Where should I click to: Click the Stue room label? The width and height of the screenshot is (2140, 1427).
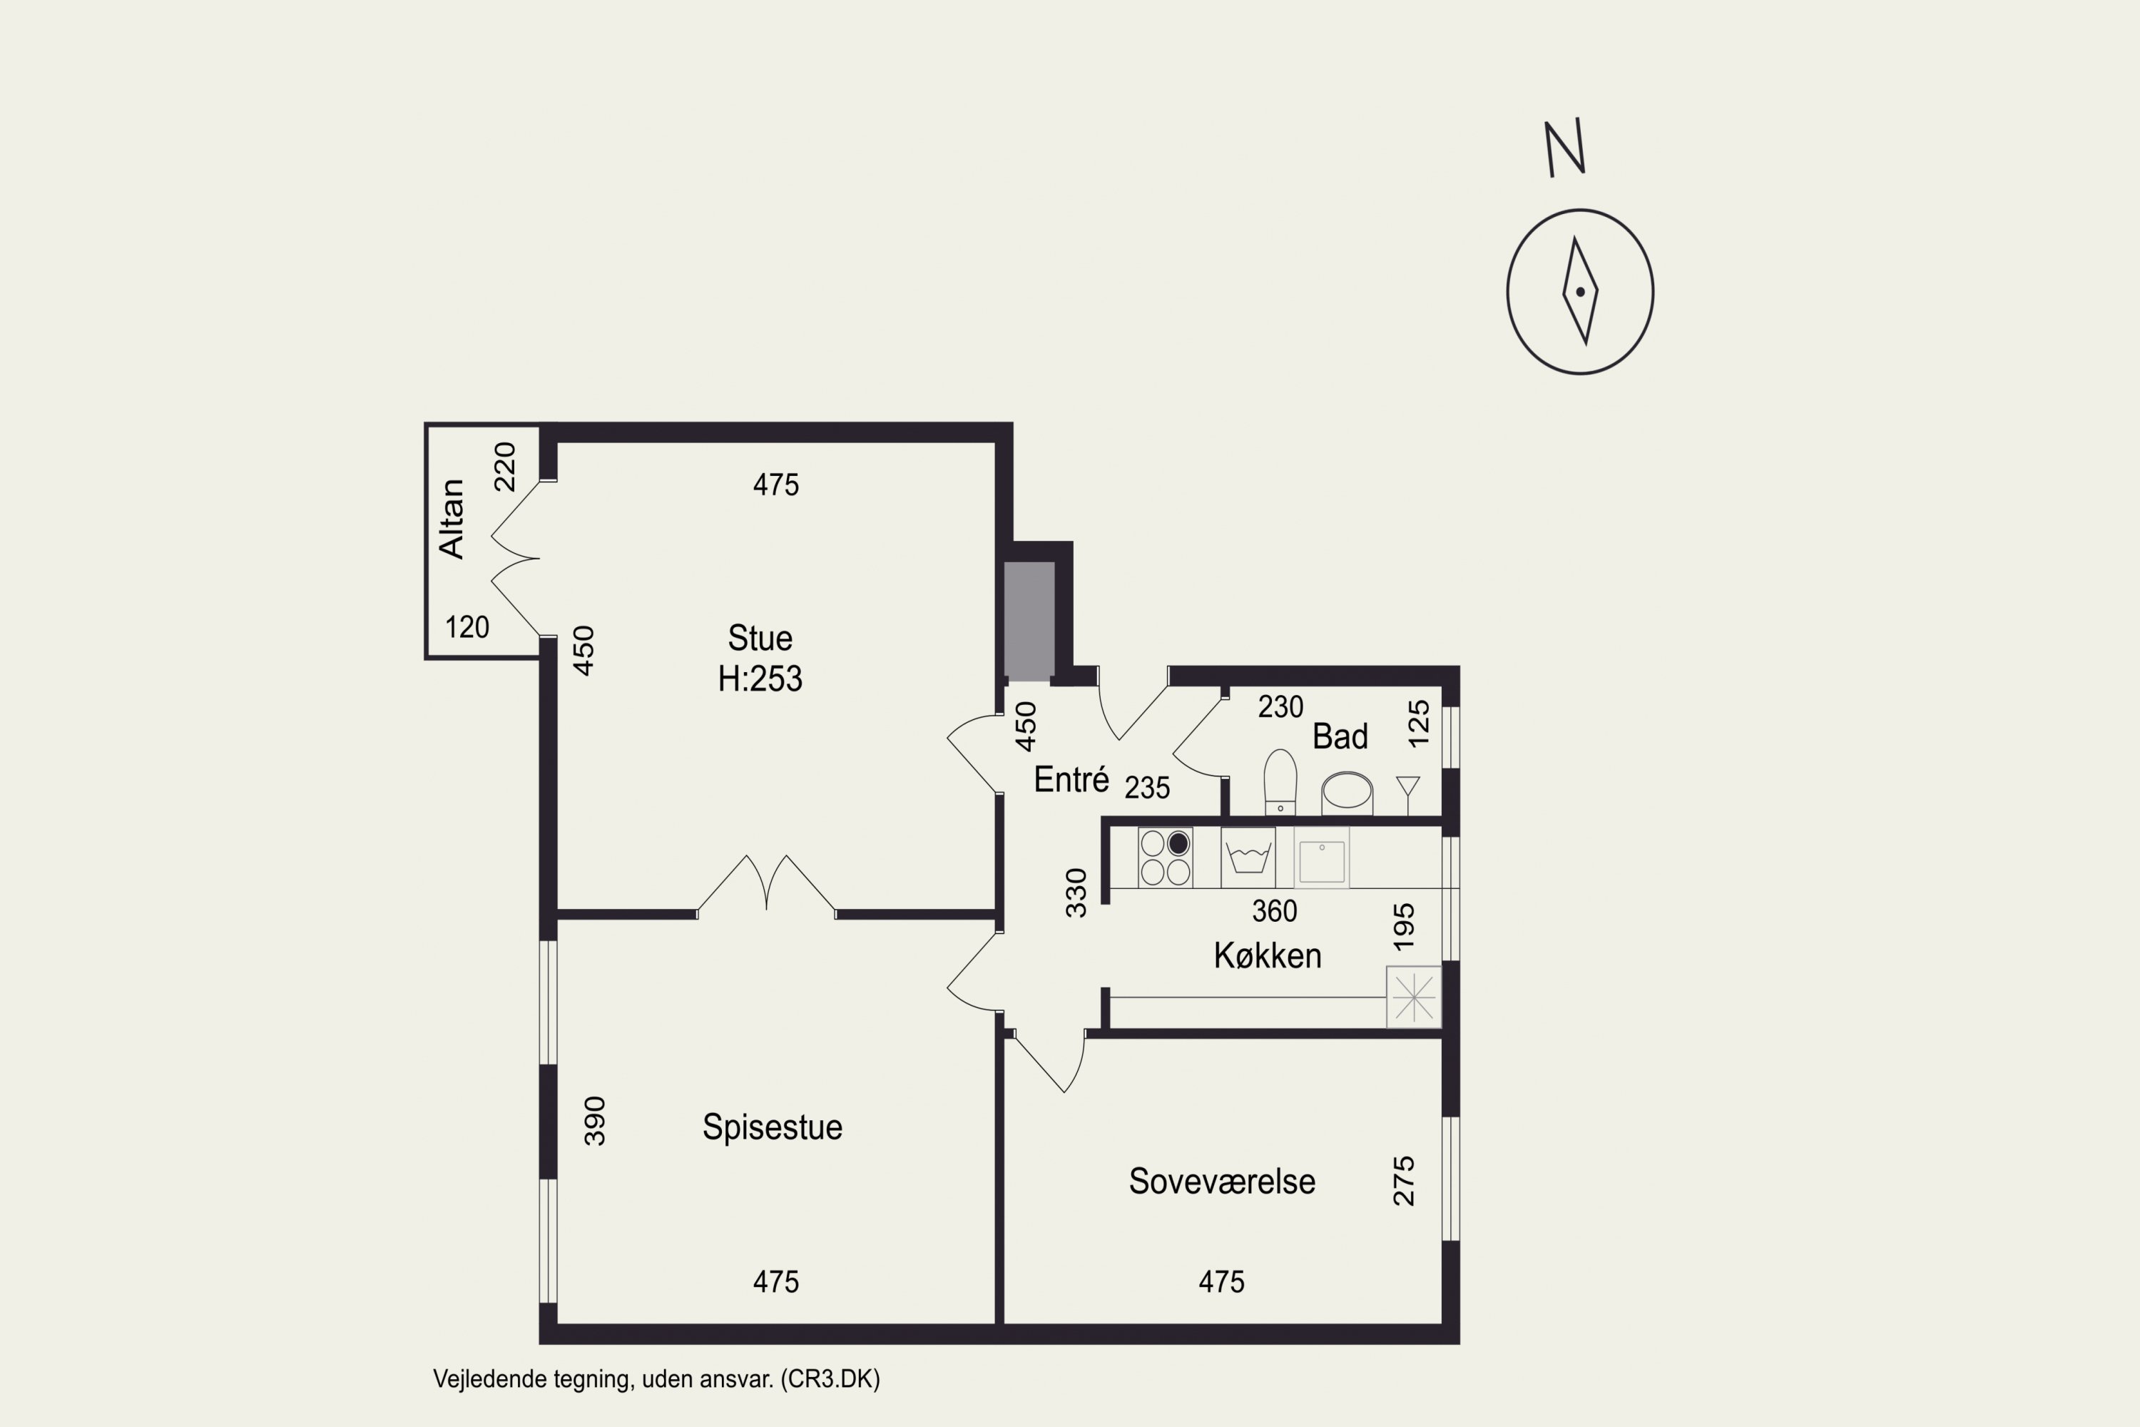click(x=760, y=638)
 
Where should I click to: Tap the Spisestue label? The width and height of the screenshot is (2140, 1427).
click(x=773, y=1127)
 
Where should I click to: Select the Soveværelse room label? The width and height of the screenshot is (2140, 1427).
click(x=1222, y=1182)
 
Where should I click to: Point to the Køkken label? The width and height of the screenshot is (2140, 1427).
click(x=1268, y=955)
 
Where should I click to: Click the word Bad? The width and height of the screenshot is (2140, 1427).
click(x=1340, y=736)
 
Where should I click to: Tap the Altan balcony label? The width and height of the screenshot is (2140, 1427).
click(x=452, y=519)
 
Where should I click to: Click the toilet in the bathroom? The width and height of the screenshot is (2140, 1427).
click(x=1280, y=782)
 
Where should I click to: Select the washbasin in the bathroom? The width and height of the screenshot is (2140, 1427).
click(x=1347, y=792)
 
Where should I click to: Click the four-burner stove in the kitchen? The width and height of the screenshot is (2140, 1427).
click(x=1166, y=858)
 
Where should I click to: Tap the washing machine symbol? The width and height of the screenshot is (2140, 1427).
click(x=1248, y=858)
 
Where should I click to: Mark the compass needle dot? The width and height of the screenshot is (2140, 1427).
click(x=1581, y=292)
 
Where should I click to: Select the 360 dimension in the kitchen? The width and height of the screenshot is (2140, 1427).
click(x=1275, y=911)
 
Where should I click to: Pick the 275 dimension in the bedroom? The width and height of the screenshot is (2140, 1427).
click(x=1405, y=1182)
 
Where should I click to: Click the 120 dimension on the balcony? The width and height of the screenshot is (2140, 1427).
click(x=467, y=627)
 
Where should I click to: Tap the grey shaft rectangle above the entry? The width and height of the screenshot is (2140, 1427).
click(x=1029, y=621)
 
